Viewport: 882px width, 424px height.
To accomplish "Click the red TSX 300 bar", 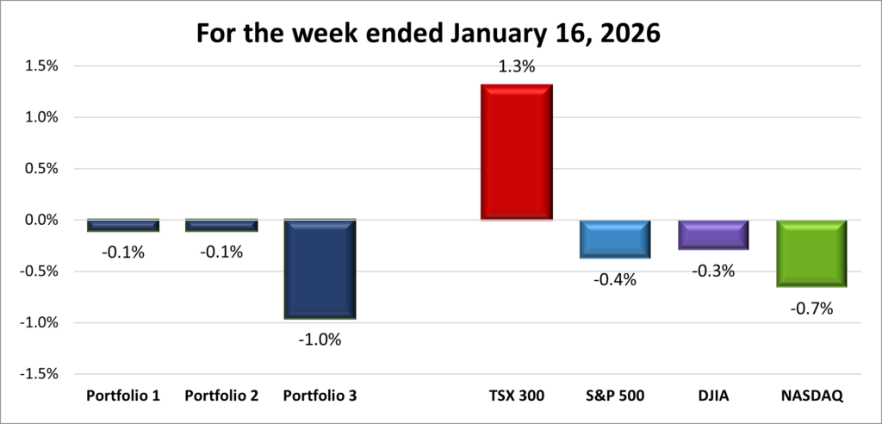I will pyautogui.click(x=517, y=152).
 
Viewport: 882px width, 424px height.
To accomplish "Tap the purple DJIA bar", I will pyautogui.click(x=712, y=234).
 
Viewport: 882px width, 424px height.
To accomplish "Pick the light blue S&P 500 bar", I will pyautogui.click(x=614, y=239).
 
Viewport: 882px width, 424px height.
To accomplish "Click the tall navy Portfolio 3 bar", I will pyautogui.click(x=320, y=269).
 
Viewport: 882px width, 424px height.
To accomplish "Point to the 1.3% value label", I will pyautogui.click(x=517, y=65).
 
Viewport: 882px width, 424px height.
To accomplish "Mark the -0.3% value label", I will pyautogui.click(x=712, y=271).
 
